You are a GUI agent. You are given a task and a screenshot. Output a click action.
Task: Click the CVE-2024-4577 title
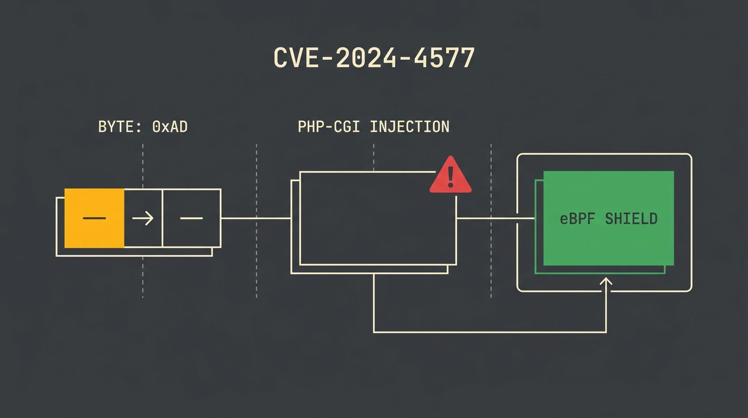374,58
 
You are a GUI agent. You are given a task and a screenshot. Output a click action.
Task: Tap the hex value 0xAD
170,127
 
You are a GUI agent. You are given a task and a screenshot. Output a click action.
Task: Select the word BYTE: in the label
120,127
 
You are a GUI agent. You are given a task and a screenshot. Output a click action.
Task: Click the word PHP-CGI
328,127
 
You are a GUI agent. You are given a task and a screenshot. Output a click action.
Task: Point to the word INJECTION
410,127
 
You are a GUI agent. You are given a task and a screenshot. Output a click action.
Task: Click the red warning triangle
451,175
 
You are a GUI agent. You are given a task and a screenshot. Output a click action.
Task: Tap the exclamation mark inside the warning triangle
451,177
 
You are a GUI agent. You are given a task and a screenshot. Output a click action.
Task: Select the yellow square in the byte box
94,218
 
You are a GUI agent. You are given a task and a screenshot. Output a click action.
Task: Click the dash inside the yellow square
94,218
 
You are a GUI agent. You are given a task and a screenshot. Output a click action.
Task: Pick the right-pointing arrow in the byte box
143,218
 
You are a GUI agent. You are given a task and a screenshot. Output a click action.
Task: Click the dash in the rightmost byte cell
191,218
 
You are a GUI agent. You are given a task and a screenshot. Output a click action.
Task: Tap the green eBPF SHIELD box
608,218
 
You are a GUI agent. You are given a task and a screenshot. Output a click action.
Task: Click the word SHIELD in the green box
631,219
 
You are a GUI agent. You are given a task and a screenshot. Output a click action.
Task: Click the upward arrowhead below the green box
606,281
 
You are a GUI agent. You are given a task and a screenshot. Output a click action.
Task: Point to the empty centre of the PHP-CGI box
378,218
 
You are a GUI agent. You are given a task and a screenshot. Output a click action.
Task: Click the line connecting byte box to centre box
256,218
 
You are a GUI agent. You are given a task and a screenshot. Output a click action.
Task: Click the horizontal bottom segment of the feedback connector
490,332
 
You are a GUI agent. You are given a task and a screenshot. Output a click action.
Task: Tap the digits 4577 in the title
444,58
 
